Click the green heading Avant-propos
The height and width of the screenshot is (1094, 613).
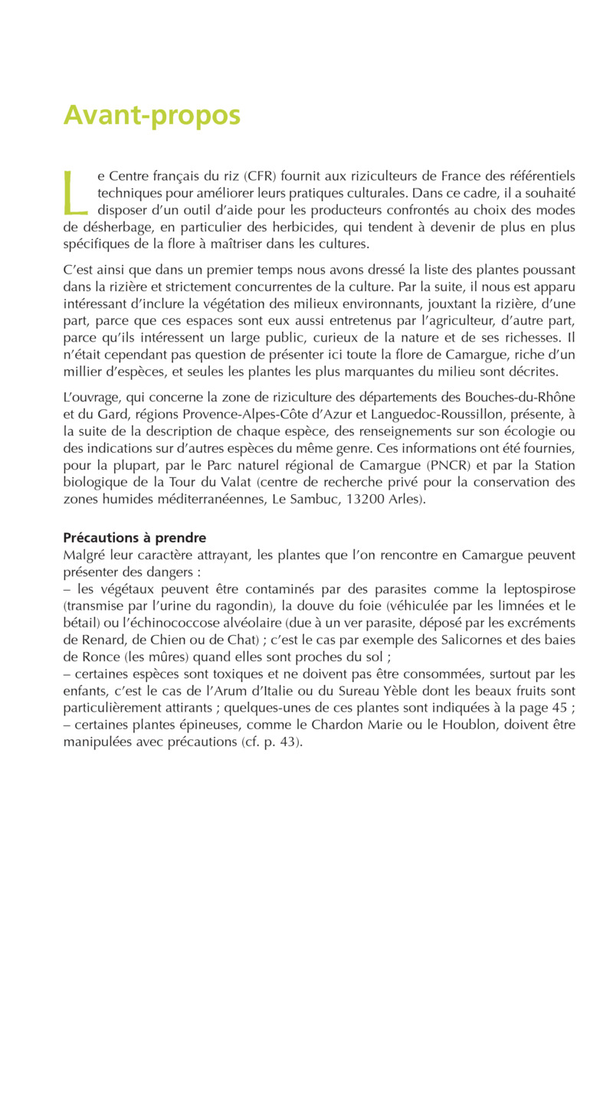click(152, 115)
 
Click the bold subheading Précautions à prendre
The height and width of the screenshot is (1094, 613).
click(134, 538)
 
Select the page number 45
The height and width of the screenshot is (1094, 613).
click(557, 708)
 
